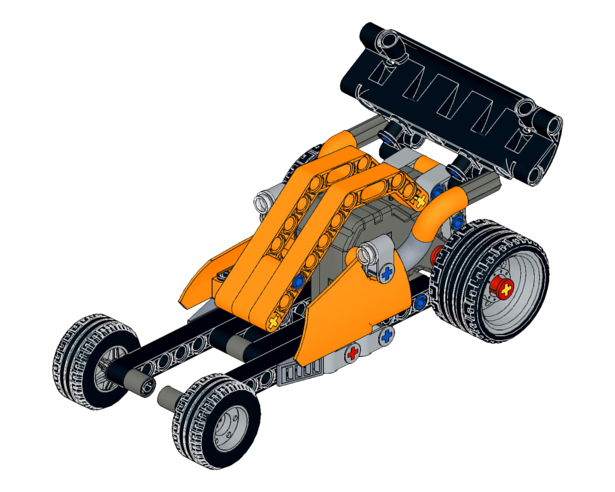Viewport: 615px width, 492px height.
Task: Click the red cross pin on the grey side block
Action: (x=352, y=354)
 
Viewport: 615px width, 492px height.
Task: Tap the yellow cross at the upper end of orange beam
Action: (x=420, y=200)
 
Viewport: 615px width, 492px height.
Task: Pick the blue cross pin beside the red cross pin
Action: (x=387, y=336)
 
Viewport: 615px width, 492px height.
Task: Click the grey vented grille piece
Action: (x=300, y=373)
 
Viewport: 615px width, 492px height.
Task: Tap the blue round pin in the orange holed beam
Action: (x=299, y=282)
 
